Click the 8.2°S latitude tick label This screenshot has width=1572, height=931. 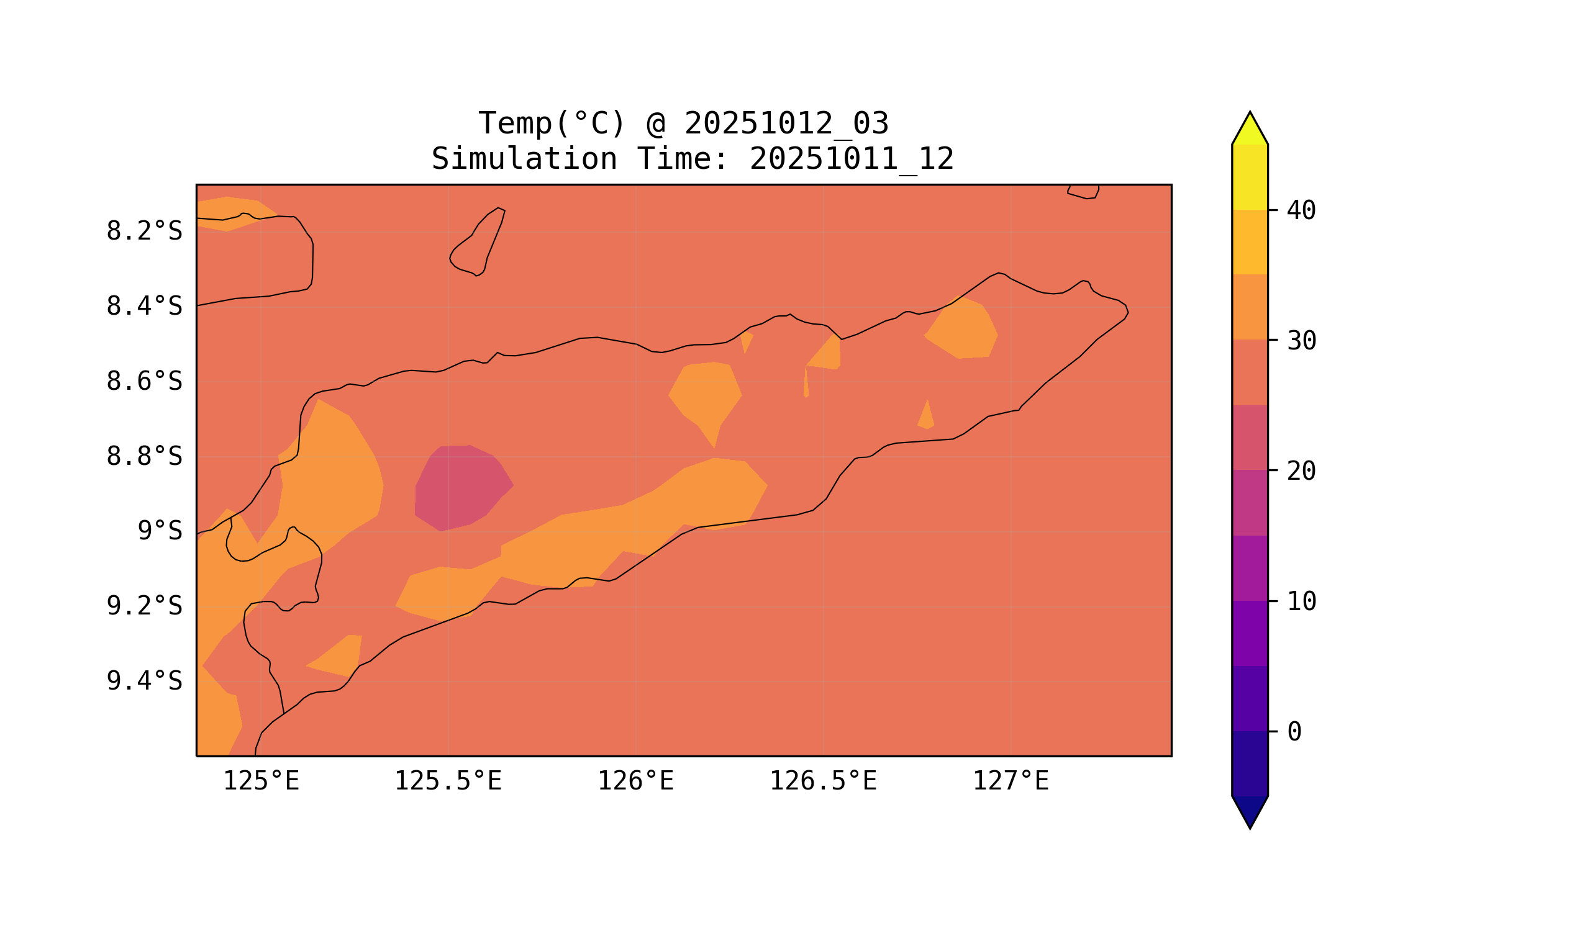[143, 232]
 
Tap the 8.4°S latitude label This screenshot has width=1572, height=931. [143, 307]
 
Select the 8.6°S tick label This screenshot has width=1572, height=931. [143, 382]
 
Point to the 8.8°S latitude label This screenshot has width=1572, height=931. [143, 457]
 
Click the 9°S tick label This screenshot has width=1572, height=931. [160, 532]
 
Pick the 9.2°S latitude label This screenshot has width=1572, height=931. [143, 606]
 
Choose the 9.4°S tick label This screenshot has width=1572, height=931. [143, 681]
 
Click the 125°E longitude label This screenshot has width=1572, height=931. [261, 781]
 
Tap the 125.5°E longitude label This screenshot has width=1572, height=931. [448, 781]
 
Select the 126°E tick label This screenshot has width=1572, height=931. [635, 781]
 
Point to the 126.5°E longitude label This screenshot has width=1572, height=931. [822, 781]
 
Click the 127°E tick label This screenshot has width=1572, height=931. [1010, 781]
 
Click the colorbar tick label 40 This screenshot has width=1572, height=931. [1301, 211]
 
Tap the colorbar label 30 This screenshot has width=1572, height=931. [1301, 341]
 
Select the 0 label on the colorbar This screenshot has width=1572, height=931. [1294, 732]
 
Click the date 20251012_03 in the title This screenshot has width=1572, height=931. [786, 124]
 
